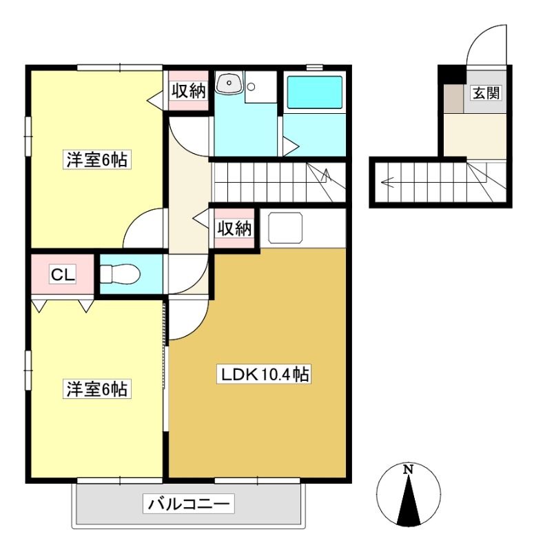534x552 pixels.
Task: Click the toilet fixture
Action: coord(120,273)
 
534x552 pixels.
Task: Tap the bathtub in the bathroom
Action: coord(315,92)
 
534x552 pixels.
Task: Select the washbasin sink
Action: coord(229,83)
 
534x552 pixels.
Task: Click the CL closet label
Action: coord(63,274)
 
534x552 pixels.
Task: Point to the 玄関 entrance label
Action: coord(486,93)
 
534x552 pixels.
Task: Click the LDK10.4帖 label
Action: coord(264,374)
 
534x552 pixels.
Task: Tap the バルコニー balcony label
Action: coord(188,504)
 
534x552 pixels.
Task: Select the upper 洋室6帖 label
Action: coord(97,160)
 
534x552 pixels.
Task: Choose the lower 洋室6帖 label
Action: coord(97,389)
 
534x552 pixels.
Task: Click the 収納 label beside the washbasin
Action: coord(188,91)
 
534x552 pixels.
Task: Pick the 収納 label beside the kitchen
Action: coord(234,228)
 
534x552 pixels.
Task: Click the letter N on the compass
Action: coord(408,469)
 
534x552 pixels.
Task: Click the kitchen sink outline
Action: coord(285,228)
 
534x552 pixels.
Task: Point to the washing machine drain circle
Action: coord(251,86)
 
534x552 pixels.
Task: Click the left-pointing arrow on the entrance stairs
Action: coord(389,182)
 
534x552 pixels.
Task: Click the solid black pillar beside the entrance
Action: coord(452,74)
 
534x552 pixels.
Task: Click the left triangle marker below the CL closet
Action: coord(39,306)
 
